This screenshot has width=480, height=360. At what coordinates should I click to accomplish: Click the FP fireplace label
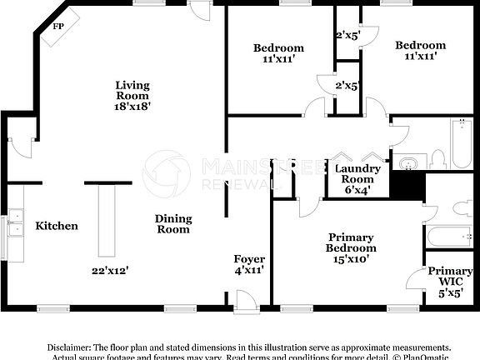(58, 27)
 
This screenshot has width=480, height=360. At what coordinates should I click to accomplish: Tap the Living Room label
(132, 89)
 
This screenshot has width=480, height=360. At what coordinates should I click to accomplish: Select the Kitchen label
(57, 226)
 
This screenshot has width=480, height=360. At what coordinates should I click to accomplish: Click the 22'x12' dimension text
(110, 270)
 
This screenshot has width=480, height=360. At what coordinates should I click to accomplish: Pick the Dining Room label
(173, 223)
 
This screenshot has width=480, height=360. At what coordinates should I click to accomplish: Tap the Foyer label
(249, 259)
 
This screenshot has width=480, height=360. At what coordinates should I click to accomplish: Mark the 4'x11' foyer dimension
(249, 271)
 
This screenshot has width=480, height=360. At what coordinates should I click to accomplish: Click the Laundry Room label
(358, 173)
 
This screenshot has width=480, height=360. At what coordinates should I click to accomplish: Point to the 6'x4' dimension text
(358, 189)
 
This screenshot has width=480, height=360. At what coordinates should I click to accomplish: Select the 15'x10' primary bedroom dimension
(351, 259)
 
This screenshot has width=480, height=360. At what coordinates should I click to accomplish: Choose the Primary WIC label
(450, 277)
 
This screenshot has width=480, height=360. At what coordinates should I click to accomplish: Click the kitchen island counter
(105, 221)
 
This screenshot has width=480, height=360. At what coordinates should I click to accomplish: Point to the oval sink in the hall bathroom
(410, 161)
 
